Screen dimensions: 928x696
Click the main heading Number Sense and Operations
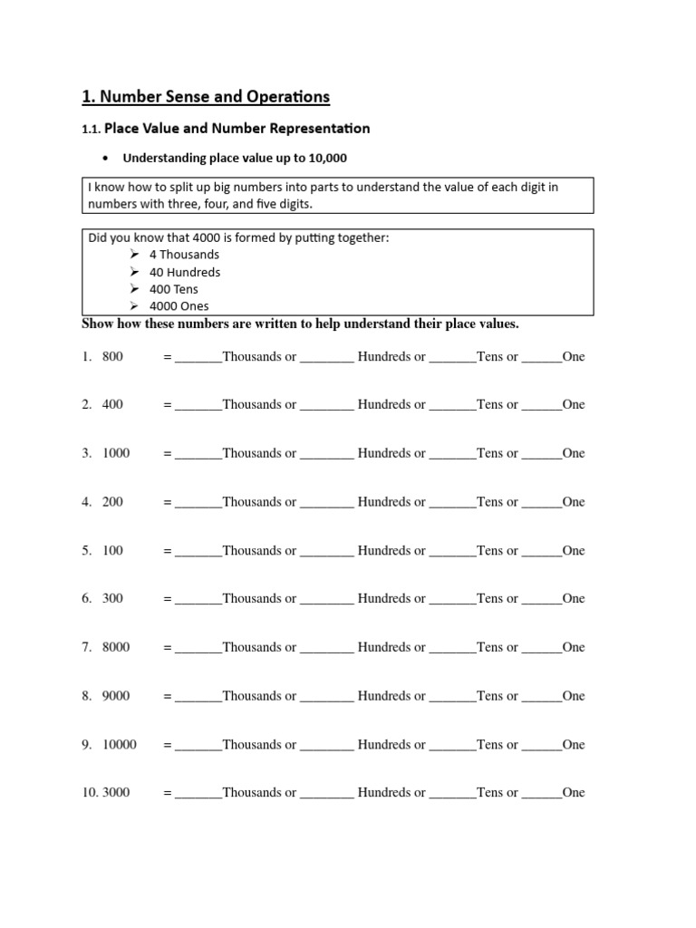pyautogui.click(x=206, y=96)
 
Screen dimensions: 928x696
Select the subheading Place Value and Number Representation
pyautogui.click(x=237, y=129)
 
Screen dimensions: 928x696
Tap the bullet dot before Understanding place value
pyautogui.click(x=107, y=159)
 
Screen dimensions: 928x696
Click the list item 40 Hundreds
pyautogui.click(x=185, y=272)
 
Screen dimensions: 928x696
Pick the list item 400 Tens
pyautogui.click(x=174, y=289)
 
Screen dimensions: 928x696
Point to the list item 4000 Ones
pyautogui.click(x=179, y=306)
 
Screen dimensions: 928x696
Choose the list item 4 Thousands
pyautogui.click(x=184, y=255)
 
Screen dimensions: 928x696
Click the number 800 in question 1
pyautogui.click(x=112, y=357)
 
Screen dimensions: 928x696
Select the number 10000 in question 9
pyautogui.click(x=120, y=745)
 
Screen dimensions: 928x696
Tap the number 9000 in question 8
pyautogui.click(x=116, y=696)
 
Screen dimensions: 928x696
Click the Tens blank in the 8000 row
pyautogui.click(x=452, y=649)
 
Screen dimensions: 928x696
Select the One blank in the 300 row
pyautogui.click(x=542, y=600)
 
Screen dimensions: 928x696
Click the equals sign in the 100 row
pyautogui.click(x=168, y=551)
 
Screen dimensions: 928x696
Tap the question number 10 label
pyautogui.click(x=90, y=793)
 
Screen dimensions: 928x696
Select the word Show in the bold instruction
pyautogui.click(x=98, y=324)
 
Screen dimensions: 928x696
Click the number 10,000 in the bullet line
pyautogui.click(x=328, y=159)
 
